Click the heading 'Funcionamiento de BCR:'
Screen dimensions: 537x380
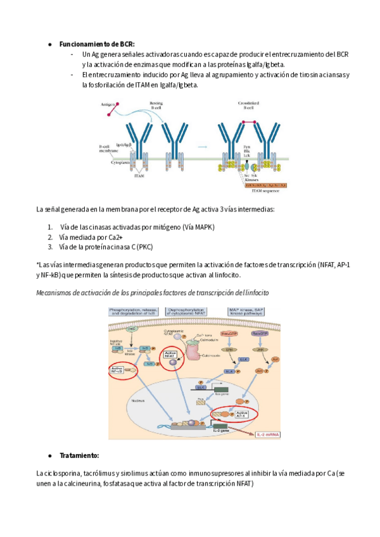[x=96, y=44]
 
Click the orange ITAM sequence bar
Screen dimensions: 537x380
[x=265, y=184]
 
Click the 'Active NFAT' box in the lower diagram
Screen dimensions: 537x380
[x=170, y=356]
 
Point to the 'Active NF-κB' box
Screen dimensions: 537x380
[x=117, y=370]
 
